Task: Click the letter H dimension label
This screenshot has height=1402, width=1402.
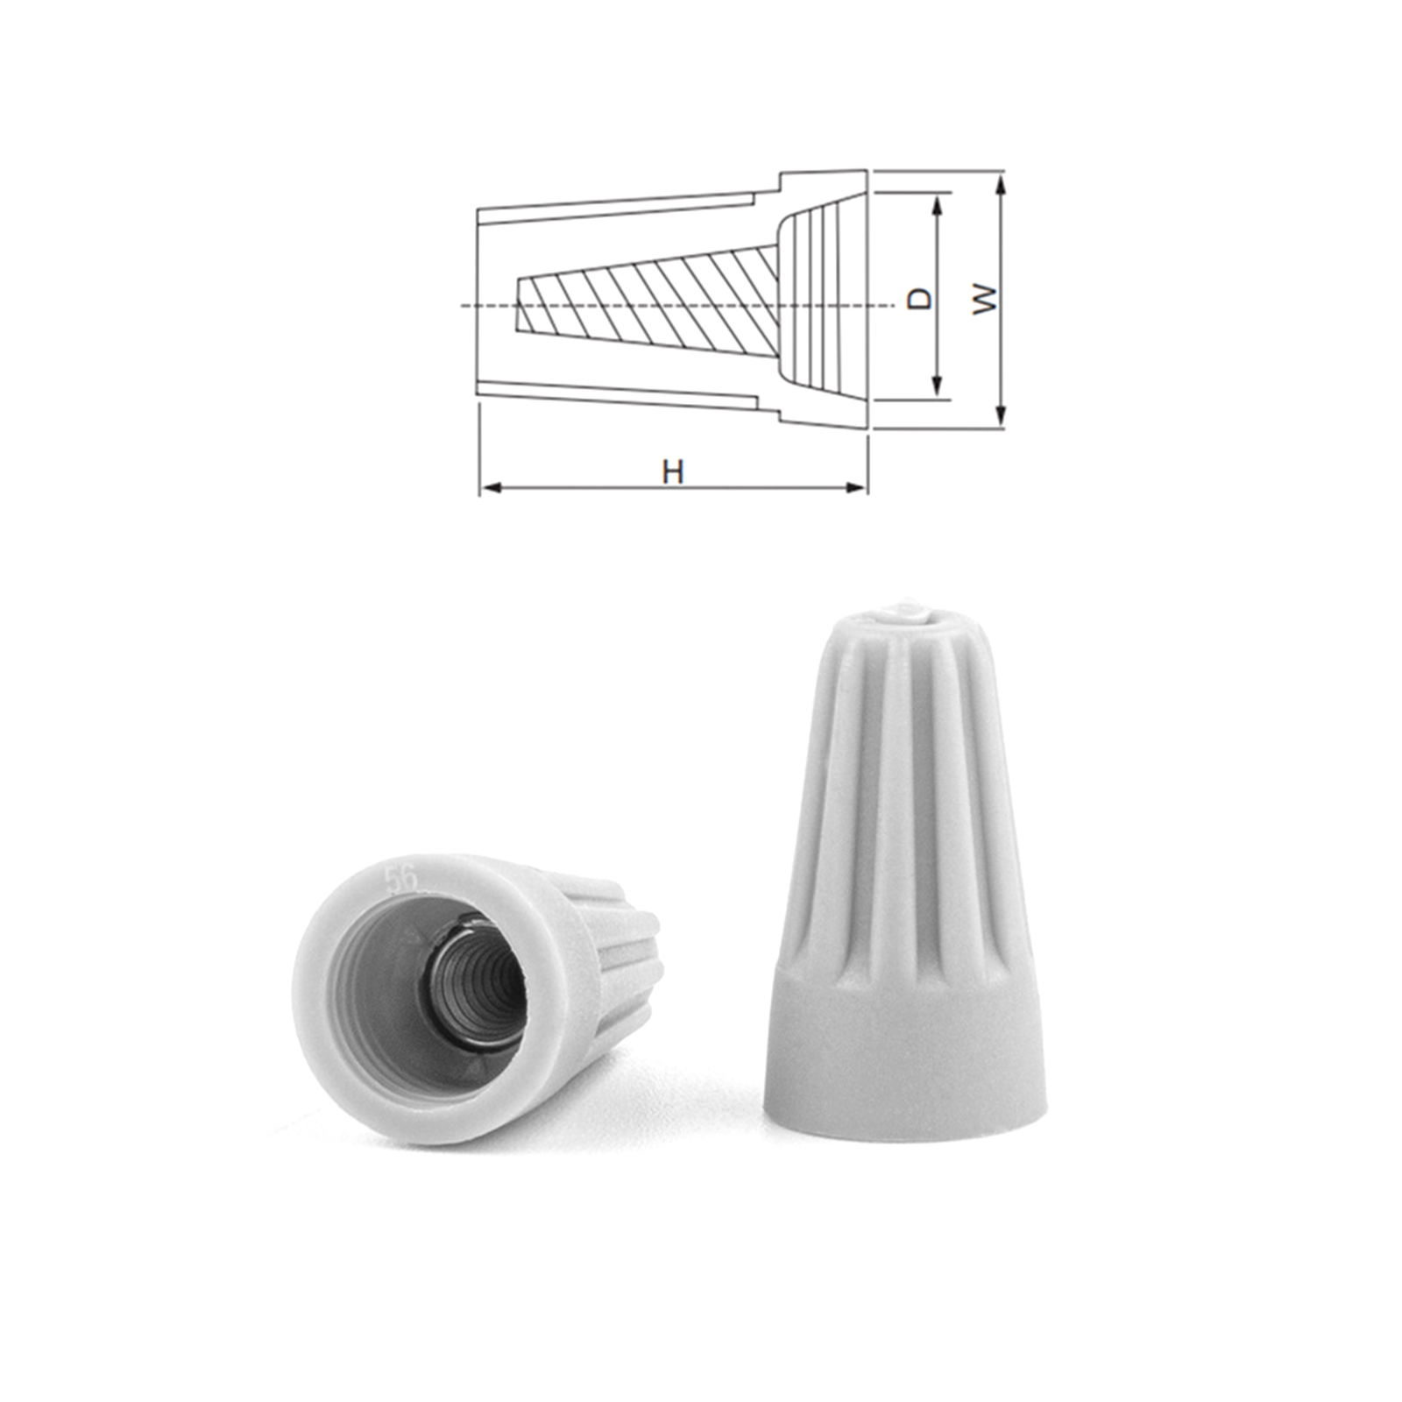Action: click(x=672, y=472)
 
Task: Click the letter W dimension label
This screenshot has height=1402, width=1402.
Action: click(x=987, y=298)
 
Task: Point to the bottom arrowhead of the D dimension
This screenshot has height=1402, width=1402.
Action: click(x=938, y=386)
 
